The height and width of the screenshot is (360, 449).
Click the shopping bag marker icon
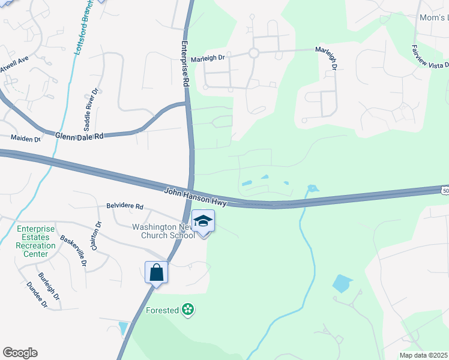click(156, 273)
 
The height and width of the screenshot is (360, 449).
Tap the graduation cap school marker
click(203, 222)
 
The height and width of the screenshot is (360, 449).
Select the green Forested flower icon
click(188, 310)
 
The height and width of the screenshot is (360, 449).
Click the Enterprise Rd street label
click(185, 65)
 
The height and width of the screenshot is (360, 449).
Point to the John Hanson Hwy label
click(196, 197)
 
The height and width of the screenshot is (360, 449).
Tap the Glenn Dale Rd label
click(79, 136)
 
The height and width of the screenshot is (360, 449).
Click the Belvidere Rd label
click(125, 206)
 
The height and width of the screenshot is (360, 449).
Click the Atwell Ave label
click(15, 65)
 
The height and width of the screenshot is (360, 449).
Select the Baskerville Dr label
click(73, 251)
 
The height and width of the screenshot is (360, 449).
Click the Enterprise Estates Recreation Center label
click(35, 241)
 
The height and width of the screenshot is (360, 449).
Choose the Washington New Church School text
click(164, 231)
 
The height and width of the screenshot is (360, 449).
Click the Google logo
click(20, 353)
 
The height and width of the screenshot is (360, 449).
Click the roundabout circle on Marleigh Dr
click(253, 53)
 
